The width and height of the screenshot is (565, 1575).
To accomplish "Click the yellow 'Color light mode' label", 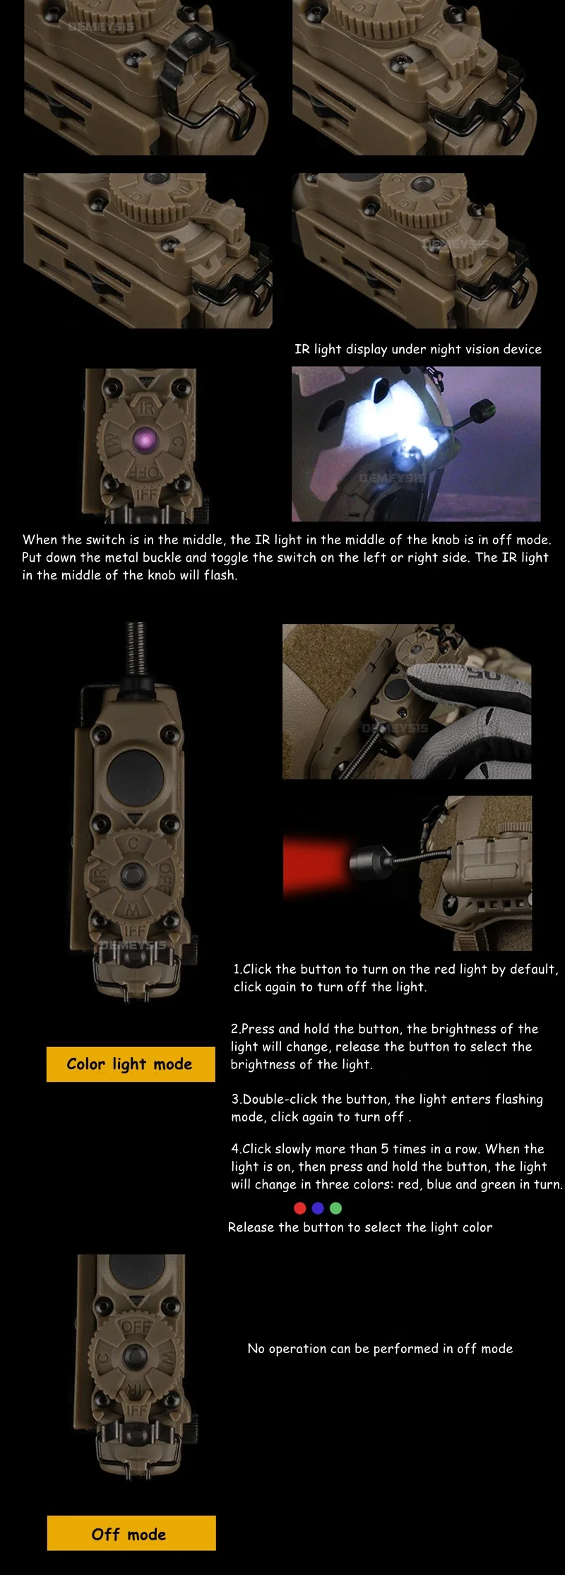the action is coord(131,1063).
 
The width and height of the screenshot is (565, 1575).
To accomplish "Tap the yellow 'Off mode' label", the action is coord(131,1534).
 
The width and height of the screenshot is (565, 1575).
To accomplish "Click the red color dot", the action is coord(300,1208).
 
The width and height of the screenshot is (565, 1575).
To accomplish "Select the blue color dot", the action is coord(318,1208).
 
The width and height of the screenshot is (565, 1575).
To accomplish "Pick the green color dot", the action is coord(336,1208).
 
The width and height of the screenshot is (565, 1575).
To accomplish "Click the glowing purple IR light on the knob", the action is coord(145,440).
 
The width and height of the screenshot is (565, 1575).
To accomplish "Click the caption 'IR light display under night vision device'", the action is coord(418,349).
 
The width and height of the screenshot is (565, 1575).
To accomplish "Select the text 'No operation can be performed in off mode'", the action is coord(380,1348).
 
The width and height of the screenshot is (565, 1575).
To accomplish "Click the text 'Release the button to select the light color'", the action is coord(360,1227).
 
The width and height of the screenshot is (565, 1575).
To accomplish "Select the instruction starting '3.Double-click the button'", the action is coord(387,1108).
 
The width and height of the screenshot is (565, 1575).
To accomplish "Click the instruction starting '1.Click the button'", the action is coord(395,978).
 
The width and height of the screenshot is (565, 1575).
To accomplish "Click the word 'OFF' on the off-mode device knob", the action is coord(136,1326).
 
